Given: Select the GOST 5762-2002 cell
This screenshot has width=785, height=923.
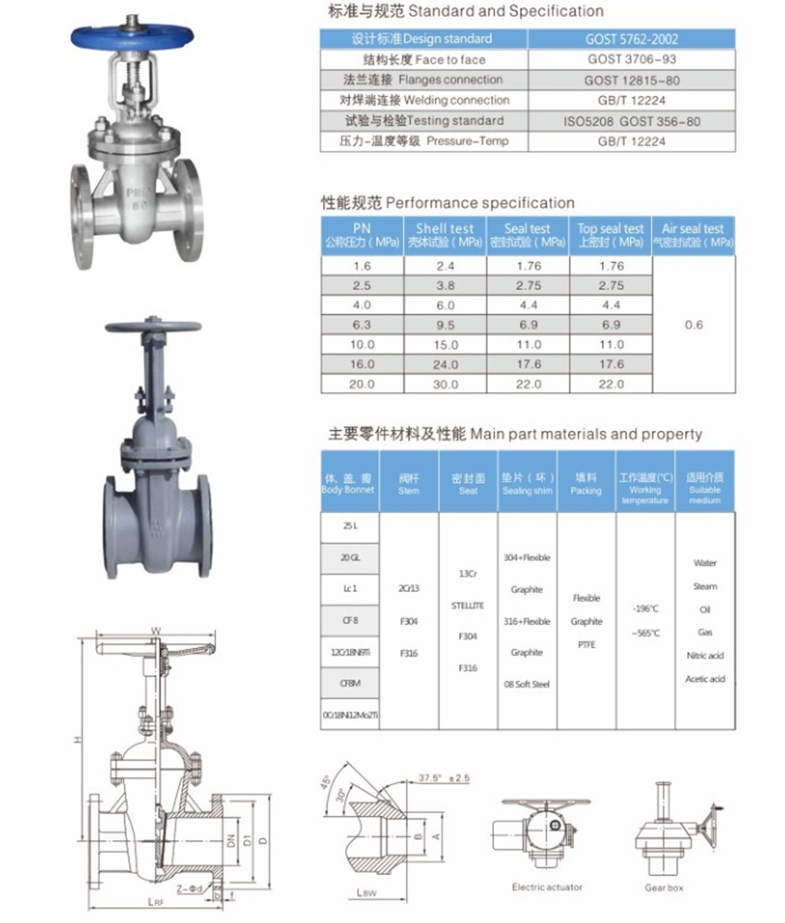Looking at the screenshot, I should pos(632,39).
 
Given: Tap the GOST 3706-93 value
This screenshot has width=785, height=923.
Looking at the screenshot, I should pos(632,59).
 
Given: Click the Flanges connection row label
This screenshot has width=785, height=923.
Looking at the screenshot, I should pos(424,80).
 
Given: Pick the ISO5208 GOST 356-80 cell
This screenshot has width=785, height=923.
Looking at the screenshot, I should pos(632,121).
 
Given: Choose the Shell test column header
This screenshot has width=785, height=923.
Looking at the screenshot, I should pos(445,234).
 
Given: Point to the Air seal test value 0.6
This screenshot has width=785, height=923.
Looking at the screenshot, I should pos(694,325).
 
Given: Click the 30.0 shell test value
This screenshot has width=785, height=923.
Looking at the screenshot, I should pos(445,384).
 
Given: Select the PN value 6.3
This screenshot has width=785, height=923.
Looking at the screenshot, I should pos(361,325).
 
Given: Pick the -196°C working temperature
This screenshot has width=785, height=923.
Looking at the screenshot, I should pos(646,609).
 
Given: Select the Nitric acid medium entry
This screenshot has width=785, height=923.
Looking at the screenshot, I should pos(705,655).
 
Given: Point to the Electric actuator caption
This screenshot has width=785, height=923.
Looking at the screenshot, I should pos(547,888).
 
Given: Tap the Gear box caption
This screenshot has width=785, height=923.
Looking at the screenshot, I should pos(664,888).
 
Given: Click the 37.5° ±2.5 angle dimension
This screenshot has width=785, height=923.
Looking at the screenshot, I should pos(443,778).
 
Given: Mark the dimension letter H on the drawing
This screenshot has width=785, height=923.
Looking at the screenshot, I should pos(79,741).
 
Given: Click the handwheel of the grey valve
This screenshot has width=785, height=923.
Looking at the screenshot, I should pos(152,328).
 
